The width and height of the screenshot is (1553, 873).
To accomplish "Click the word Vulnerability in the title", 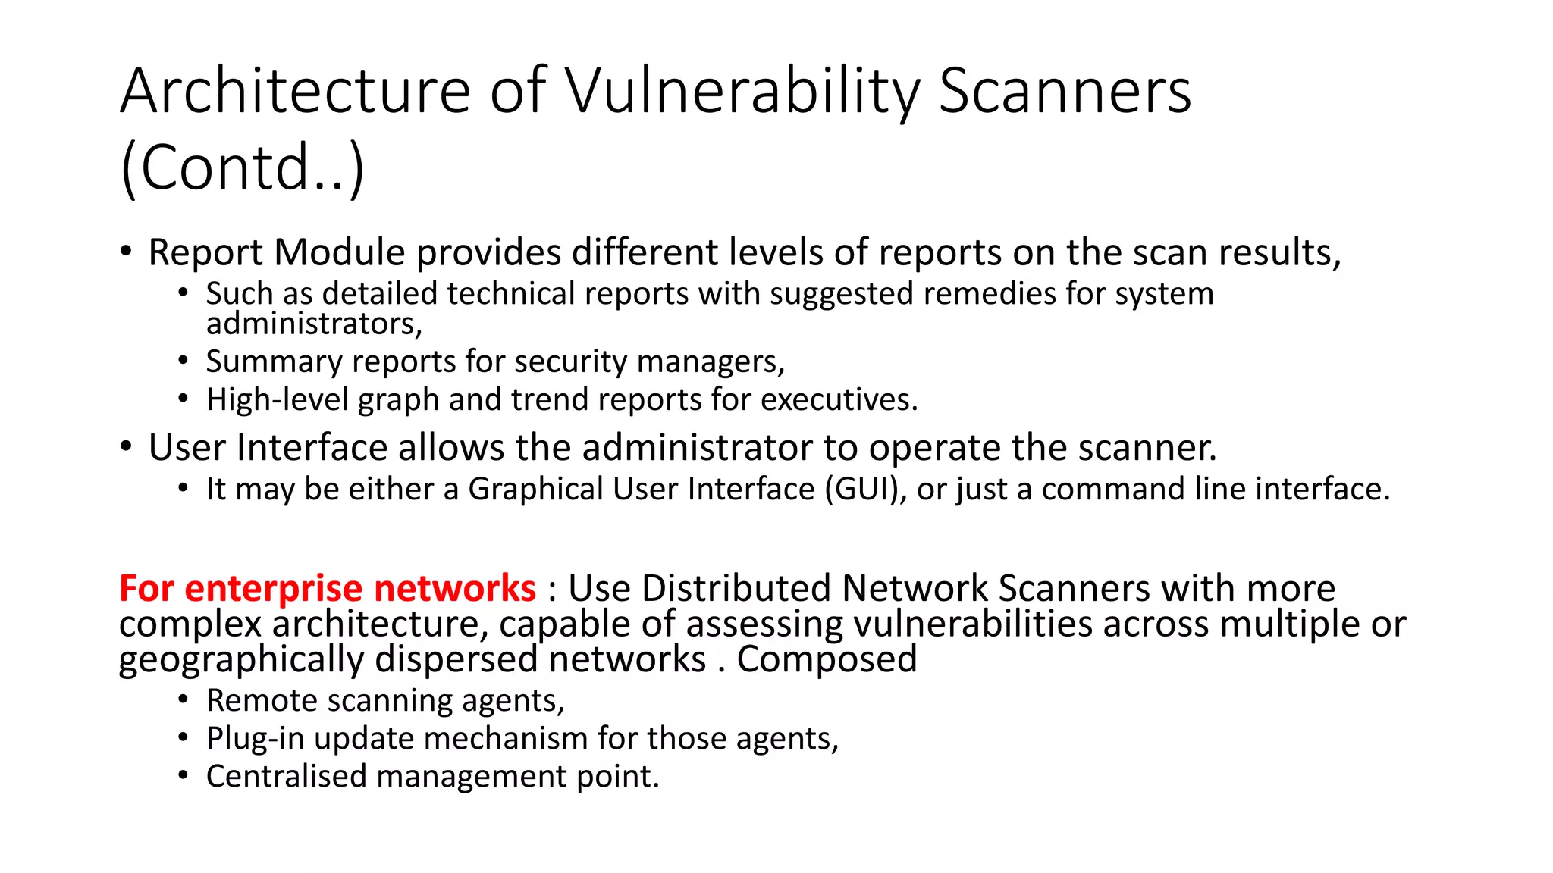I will (742, 92).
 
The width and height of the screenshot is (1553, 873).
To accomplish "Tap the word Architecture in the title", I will (296, 92).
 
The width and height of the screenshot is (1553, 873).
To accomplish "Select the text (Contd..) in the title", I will (243, 167).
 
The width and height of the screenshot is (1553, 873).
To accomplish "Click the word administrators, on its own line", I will (314, 324).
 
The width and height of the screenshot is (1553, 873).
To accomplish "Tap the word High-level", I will (277, 400).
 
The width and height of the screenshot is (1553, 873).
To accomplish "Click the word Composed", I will (827, 659).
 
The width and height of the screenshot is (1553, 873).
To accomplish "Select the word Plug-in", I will (256, 739).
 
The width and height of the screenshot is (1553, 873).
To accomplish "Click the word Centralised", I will (286, 777).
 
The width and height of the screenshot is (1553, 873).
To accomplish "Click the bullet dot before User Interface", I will (127, 446).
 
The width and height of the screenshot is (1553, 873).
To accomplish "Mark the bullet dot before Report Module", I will (127, 251).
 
